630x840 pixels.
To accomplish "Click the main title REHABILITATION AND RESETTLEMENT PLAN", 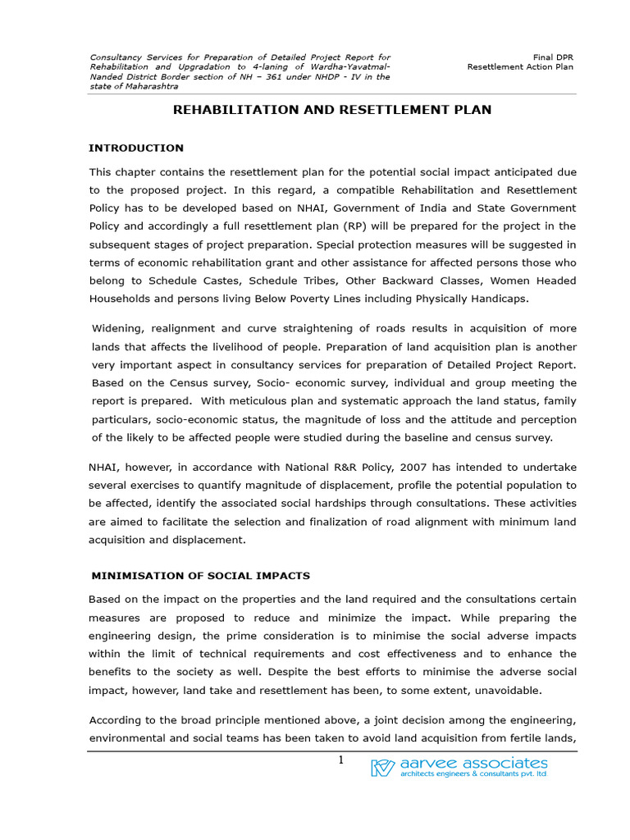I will (x=332, y=110).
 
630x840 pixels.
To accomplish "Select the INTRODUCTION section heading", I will (x=136, y=148).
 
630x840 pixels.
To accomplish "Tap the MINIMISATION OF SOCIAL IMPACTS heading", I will (x=199, y=576).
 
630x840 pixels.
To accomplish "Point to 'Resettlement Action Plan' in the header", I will (x=520, y=67).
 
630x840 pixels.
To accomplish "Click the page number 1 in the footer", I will (x=340, y=761).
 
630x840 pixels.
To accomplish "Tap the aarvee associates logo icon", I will (x=383, y=768).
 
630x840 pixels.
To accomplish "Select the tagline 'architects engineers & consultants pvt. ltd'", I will (x=473, y=774).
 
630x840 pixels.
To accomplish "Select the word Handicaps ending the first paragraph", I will (x=499, y=299).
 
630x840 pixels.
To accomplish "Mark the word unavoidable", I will (x=514, y=690).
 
